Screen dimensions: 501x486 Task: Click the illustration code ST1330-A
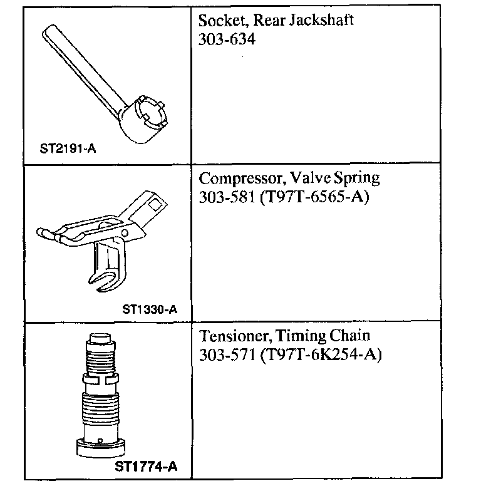pos(150,308)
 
